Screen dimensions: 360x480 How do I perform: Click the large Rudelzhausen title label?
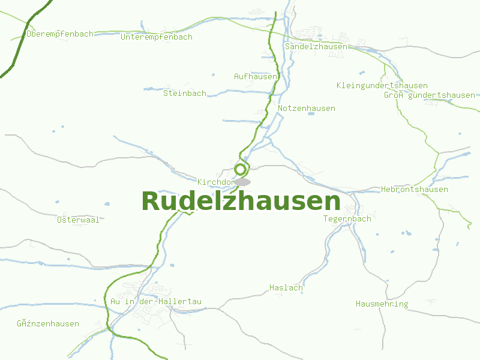241,201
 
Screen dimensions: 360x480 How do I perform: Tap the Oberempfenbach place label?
60,34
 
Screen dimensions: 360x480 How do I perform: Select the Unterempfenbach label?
157,37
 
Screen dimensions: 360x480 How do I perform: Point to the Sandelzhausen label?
316,47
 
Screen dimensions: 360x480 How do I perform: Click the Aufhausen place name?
256,77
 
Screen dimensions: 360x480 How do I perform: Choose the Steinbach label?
185,94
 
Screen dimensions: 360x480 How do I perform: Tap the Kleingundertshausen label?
382,86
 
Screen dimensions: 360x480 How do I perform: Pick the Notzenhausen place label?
307,109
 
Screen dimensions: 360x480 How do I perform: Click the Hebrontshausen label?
415,190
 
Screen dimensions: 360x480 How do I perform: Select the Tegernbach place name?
347,219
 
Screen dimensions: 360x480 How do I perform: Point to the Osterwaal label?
79,220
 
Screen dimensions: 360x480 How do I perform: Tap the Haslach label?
286,288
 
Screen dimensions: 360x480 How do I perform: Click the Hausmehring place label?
382,304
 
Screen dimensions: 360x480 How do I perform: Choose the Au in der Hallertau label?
156,301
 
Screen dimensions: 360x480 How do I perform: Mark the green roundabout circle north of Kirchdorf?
241,169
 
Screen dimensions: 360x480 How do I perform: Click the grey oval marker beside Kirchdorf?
242,182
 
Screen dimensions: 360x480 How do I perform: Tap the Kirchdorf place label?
215,182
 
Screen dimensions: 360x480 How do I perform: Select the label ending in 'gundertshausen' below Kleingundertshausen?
430,95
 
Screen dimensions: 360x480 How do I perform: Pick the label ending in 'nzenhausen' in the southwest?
48,324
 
